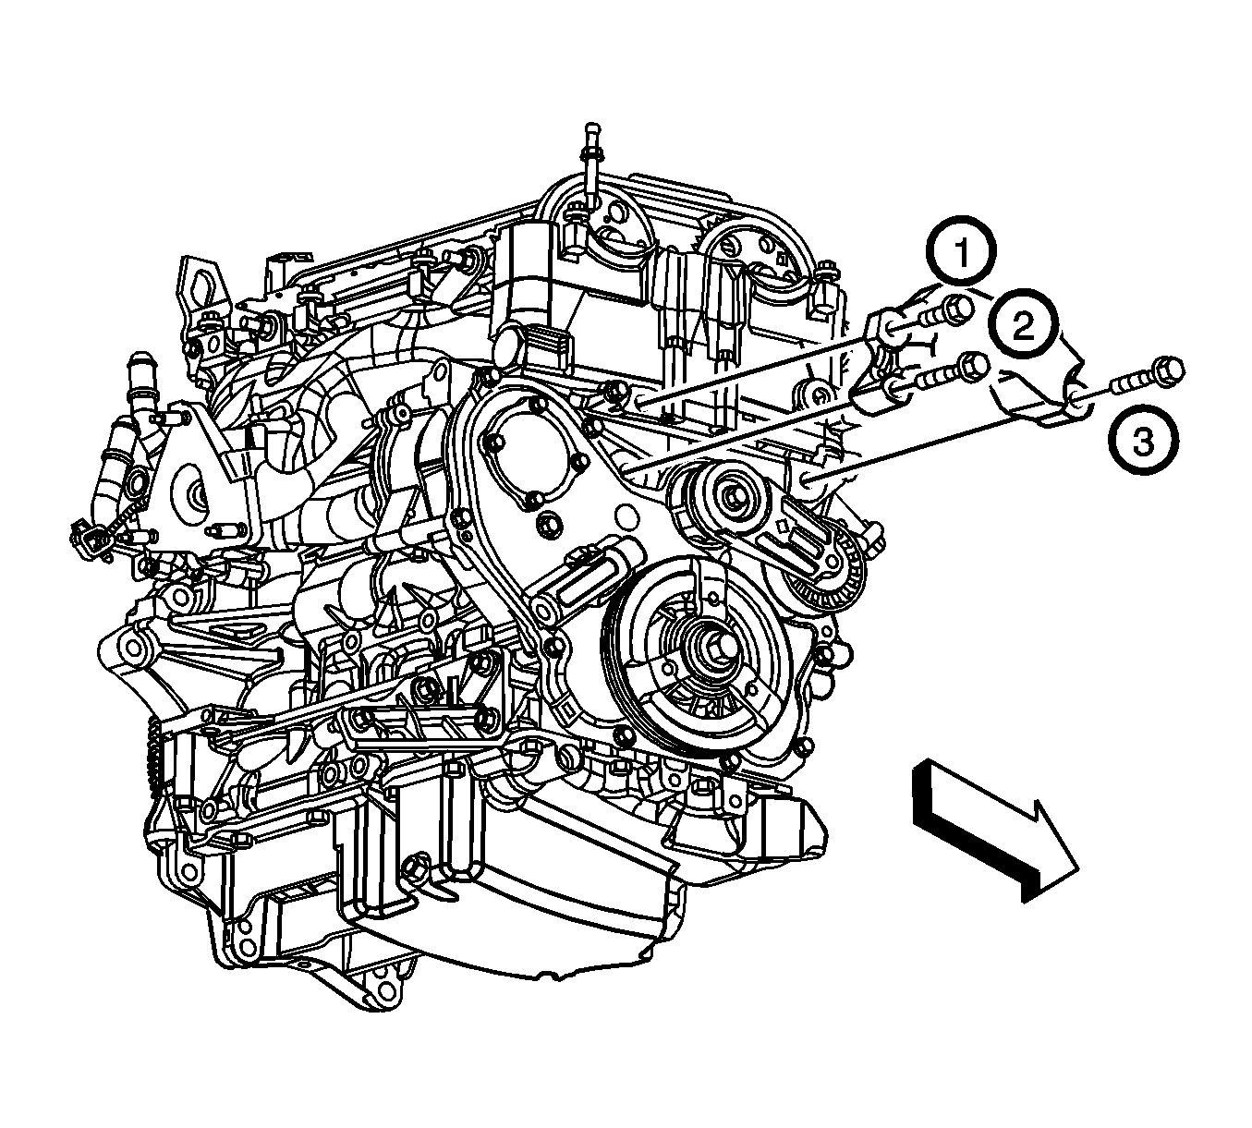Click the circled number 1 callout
[x=961, y=252]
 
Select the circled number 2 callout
[x=1023, y=324]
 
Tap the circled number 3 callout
[x=1143, y=441]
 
